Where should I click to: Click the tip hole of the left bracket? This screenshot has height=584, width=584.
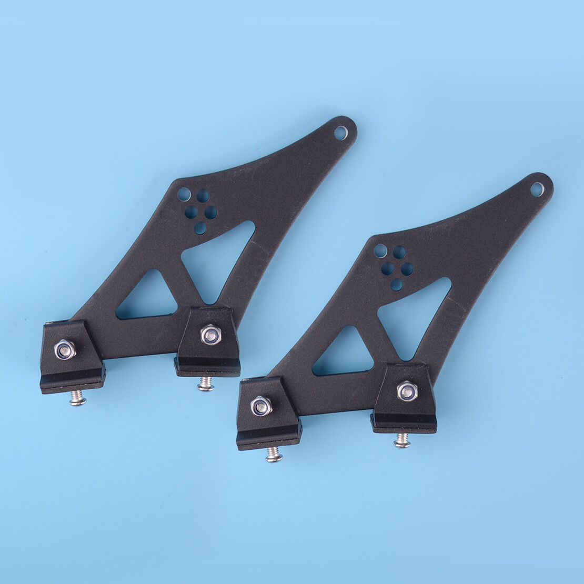[340, 133]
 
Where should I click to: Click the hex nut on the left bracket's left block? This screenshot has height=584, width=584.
[65, 349]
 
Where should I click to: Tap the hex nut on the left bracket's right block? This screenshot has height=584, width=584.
[210, 334]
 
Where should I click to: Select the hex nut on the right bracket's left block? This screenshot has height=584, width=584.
[261, 406]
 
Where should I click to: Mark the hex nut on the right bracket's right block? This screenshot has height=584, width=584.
[407, 391]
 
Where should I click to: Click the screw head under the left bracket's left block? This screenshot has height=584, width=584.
[78, 400]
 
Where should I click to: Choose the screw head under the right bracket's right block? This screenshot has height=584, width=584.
[402, 441]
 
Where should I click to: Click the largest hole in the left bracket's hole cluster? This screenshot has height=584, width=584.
[184, 195]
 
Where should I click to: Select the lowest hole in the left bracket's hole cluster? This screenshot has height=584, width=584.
[200, 228]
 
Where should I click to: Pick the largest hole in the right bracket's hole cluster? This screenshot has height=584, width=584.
[380, 251]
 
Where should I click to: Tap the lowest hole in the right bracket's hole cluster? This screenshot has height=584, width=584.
[397, 285]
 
